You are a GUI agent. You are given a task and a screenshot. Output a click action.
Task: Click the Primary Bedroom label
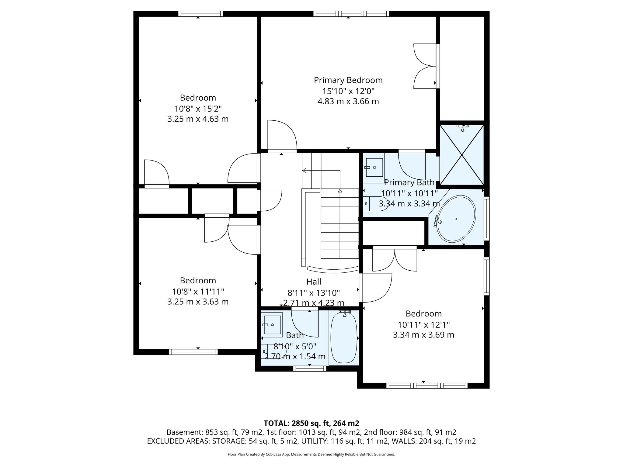click(348, 80)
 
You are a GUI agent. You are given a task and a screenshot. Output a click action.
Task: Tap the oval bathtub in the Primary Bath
click(456, 219)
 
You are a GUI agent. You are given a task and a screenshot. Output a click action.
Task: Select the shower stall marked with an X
click(462, 155)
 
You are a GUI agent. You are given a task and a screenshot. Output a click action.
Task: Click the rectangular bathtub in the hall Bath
click(344, 337)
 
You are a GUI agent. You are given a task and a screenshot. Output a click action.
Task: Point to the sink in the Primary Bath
click(374, 167)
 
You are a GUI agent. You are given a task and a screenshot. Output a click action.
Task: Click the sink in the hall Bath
click(272, 325)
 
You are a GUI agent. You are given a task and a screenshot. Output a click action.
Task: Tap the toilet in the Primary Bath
click(376, 203)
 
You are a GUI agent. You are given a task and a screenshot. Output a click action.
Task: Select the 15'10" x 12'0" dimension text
click(348, 91)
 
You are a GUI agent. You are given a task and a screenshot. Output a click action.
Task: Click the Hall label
click(314, 282)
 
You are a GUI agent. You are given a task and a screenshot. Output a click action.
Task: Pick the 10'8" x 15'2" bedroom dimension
click(198, 109)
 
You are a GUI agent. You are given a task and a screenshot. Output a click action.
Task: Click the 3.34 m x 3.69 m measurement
click(423, 335)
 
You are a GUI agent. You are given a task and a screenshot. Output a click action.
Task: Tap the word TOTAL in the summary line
click(276, 423)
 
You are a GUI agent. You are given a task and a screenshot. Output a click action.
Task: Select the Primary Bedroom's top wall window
click(351, 14)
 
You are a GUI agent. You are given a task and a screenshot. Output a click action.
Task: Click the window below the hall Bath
click(310, 368)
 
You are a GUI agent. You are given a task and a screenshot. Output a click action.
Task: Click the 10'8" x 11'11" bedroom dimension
click(198, 292)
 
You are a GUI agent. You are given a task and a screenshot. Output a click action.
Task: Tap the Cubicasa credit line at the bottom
click(311, 455)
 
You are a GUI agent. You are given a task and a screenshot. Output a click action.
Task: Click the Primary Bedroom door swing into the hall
click(282, 135)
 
